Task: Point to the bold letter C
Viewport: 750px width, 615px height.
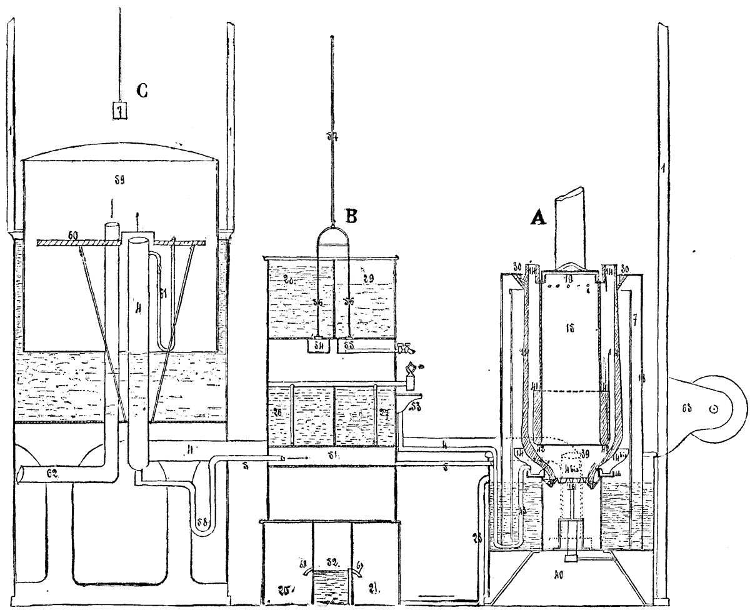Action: point(142,92)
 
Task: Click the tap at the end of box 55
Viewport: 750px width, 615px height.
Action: point(401,346)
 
